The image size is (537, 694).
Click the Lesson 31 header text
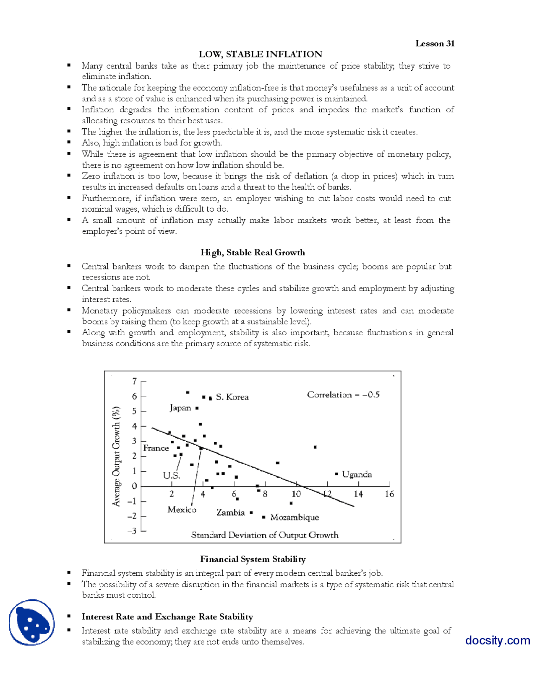click(435, 43)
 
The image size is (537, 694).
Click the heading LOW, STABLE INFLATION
click(261, 54)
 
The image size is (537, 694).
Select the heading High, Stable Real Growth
click(253, 252)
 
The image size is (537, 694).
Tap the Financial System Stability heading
click(253, 559)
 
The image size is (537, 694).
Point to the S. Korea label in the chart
click(232, 397)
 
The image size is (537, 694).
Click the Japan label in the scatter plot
click(180, 408)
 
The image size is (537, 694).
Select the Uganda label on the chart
click(357, 474)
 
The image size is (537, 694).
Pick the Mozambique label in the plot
click(295, 517)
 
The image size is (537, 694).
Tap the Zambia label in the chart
click(230, 513)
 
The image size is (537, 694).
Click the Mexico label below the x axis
click(182, 510)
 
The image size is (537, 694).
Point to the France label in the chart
click(156, 448)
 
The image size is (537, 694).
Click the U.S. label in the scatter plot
click(171, 476)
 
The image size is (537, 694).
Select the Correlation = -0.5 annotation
click(343, 394)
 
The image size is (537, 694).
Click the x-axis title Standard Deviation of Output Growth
click(265, 535)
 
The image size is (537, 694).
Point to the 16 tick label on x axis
click(389, 494)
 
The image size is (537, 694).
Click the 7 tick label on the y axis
click(134, 381)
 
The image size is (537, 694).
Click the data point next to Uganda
click(336, 474)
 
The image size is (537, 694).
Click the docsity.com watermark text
click(498, 640)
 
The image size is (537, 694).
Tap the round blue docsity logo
click(32, 622)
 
